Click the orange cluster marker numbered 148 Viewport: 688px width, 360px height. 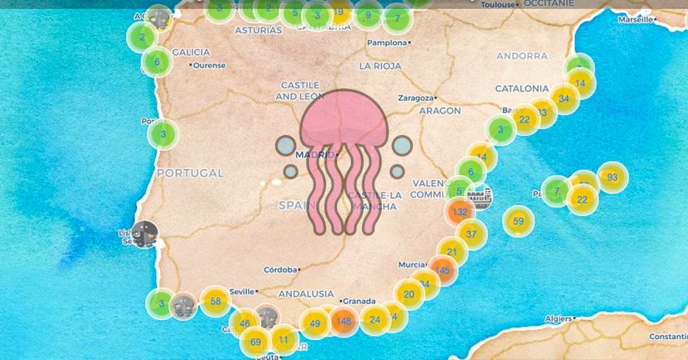(343, 321)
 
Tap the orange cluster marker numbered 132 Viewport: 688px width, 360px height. (460, 212)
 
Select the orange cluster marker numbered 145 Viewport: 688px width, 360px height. (442, 270)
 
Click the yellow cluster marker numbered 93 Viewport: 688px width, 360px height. (613, 177)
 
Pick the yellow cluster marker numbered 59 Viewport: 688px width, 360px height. (518, 222)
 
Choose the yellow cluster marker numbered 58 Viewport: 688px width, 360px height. (216, 302)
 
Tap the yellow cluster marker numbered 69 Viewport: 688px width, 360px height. (255, 342)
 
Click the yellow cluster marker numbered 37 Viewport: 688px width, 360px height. (471, 234)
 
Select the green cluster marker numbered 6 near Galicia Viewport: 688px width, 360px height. (156, 62)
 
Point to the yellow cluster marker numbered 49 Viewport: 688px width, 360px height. (314, 323)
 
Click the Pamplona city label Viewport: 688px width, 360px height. (386, 42)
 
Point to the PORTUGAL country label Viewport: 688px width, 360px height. (190, 173)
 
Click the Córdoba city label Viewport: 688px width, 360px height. (281, 270)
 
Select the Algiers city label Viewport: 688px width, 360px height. (556, 318)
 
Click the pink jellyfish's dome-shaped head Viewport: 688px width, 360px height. (344, 117)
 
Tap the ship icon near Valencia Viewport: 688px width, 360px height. (480, 197)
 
